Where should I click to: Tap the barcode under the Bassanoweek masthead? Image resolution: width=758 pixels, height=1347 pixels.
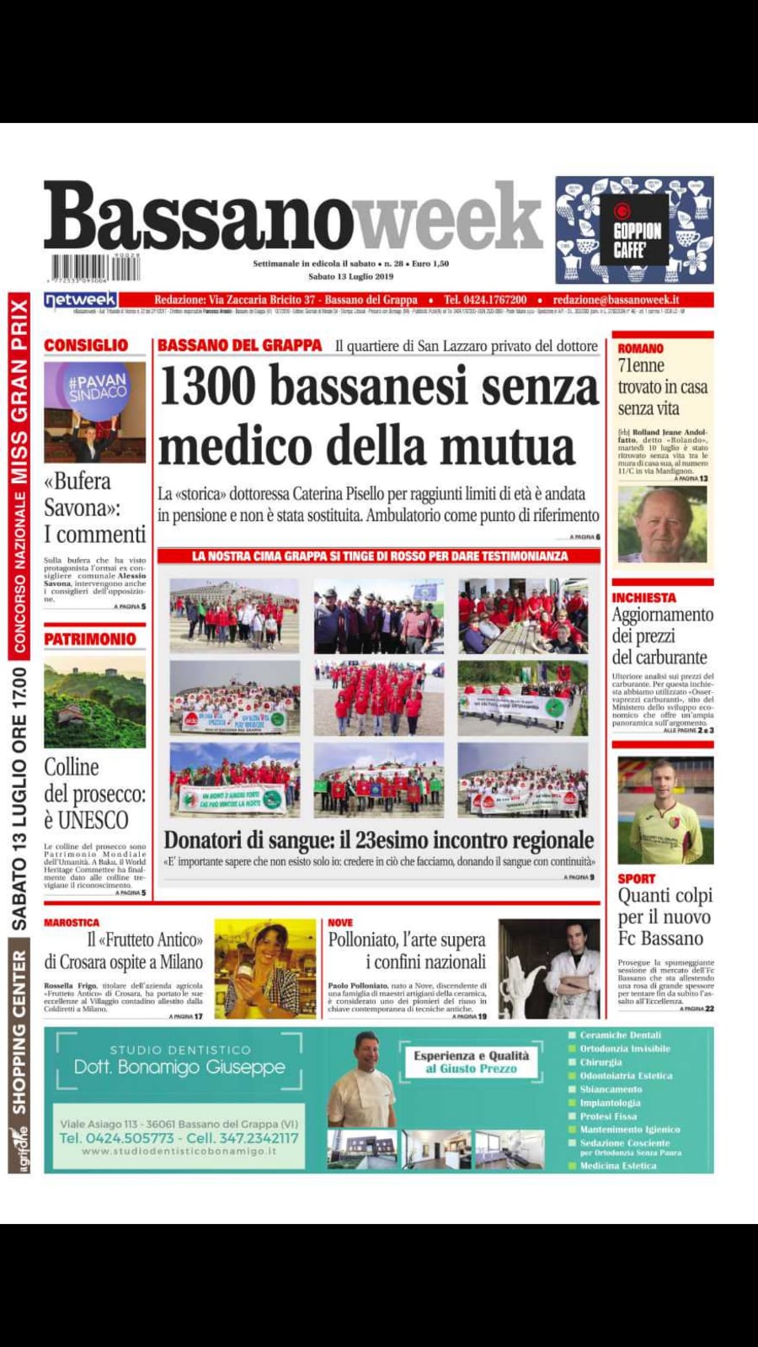(x=93, y=268)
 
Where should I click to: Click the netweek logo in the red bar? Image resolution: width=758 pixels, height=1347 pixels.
(x=80, y=300)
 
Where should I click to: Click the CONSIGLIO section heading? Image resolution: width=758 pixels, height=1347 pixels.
(x=86, y=345)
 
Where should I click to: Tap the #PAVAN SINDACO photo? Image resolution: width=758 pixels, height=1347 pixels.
(x=95, y=412)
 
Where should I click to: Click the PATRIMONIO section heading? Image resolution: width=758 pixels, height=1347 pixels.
(x=90, y=639)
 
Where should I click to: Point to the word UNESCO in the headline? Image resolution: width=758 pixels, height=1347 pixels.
(x=93, y=820)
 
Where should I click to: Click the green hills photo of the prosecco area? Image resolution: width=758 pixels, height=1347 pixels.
(x=95, y=704)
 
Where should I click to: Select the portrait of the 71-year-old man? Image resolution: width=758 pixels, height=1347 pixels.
(x=662, y=524)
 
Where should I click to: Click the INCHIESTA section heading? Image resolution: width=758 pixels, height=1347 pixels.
(x=643, y=598)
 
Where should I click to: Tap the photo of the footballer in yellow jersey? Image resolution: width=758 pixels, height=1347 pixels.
(x=665, y=810)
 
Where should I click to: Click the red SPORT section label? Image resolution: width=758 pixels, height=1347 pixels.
(x=636, y=878)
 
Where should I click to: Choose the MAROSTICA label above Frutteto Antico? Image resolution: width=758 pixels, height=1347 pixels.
(x=72, y=923)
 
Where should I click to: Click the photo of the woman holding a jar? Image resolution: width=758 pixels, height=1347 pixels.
(x=264, y=968)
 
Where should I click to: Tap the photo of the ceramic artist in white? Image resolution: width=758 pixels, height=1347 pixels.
(x=548, y=968)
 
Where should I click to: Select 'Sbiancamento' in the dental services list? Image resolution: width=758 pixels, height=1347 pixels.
(x=611, y=1089)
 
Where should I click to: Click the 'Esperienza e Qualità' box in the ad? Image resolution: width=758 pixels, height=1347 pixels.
(x=471, y=1062)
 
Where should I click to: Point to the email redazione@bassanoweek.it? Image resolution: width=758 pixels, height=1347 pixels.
(x=616, y=300)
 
